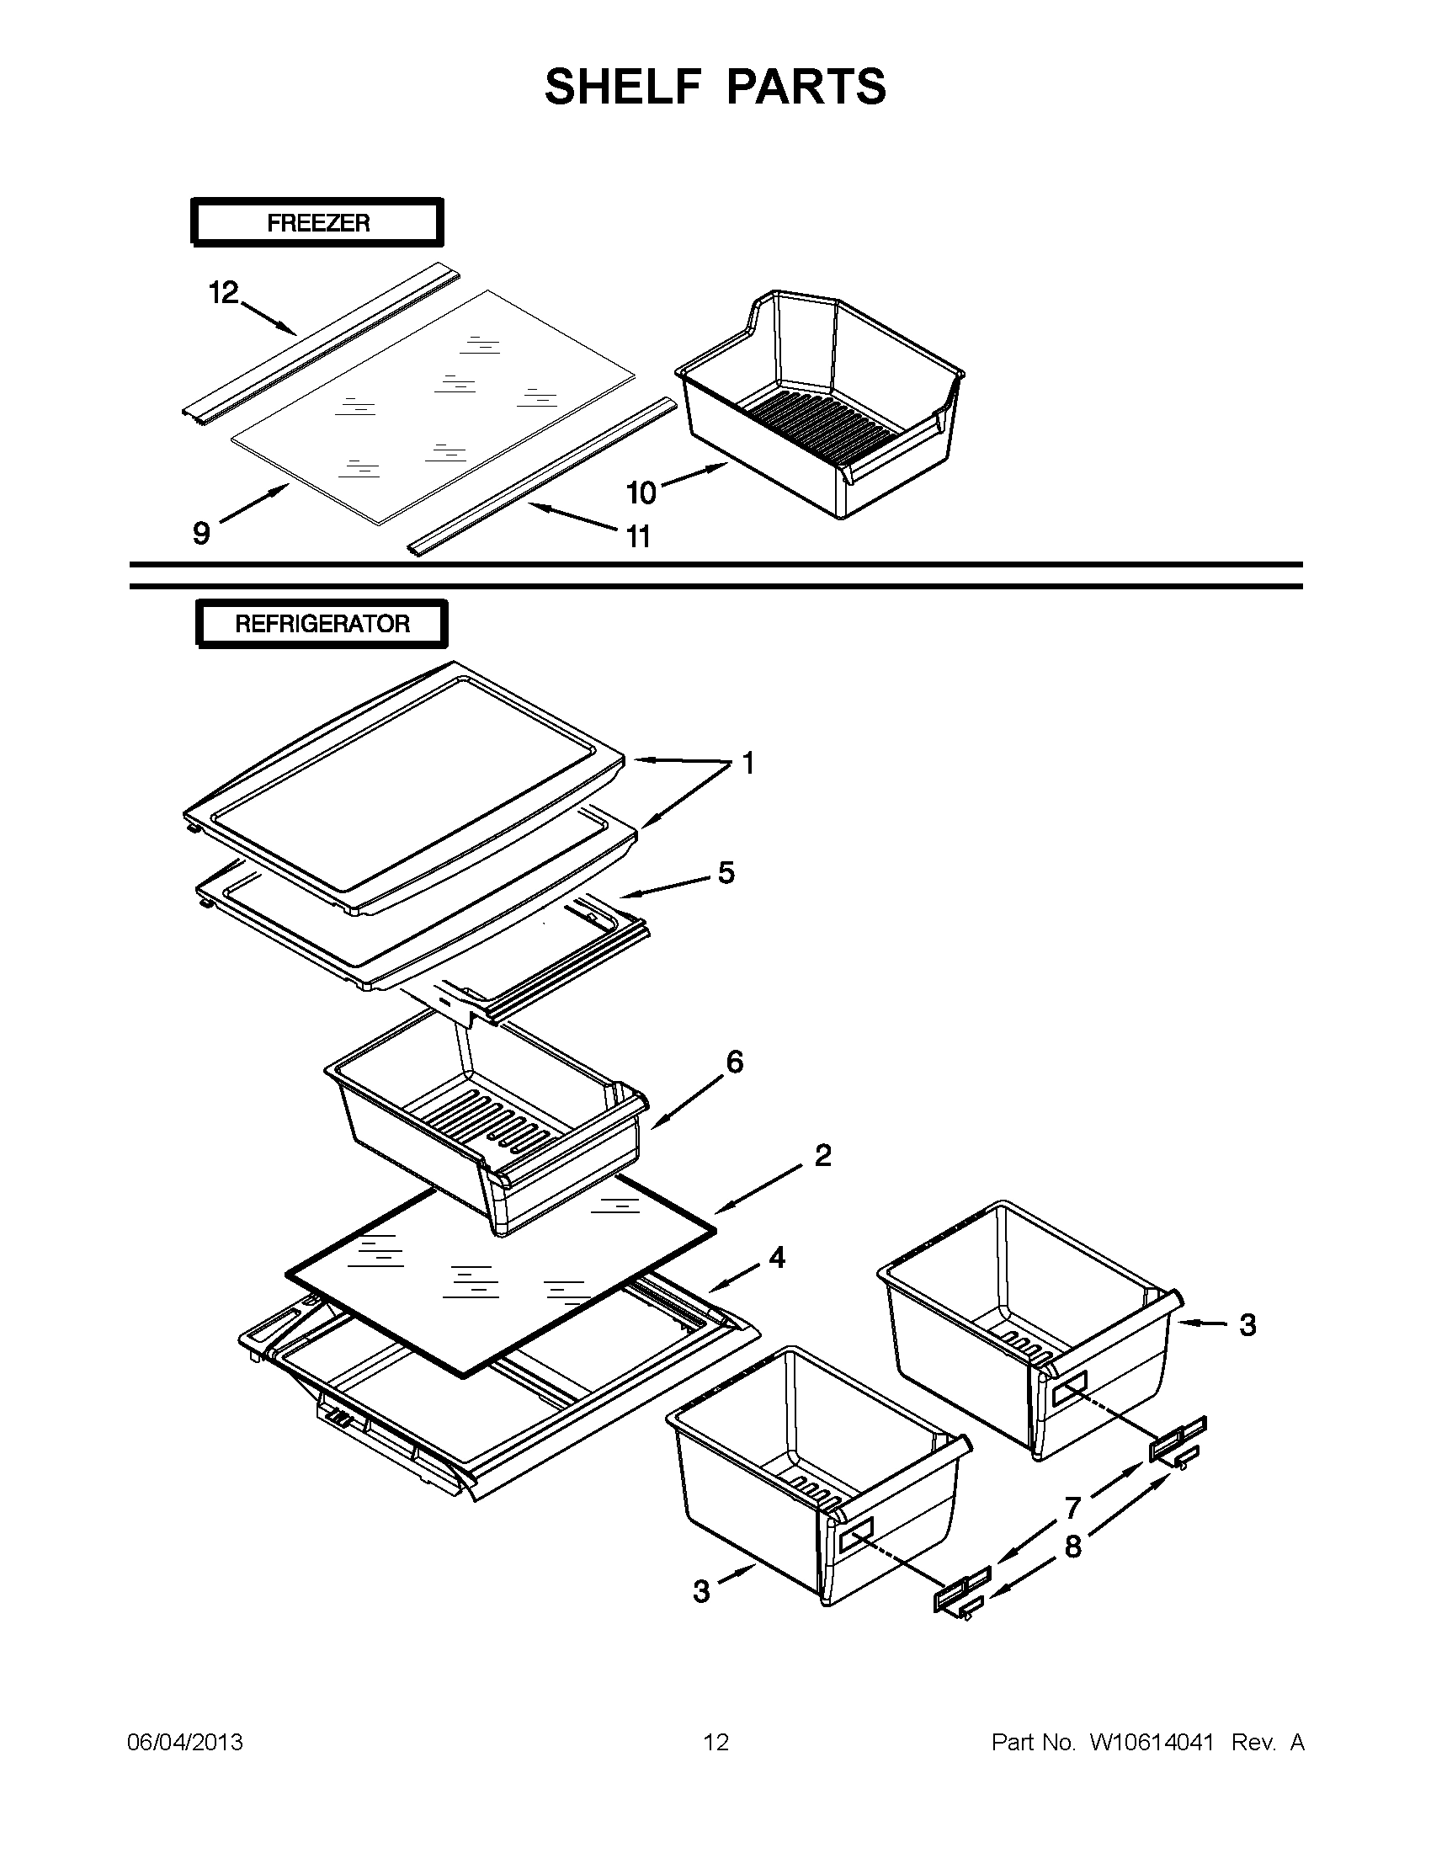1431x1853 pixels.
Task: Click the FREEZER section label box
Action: pyautogui.click(x=317, y=223)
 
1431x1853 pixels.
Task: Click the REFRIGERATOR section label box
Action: pyautogui.click(x=322, y=624)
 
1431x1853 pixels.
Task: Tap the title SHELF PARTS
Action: pyautogui.click(x=715, y=87)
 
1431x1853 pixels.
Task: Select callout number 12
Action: pyautogui.click(x=224, y=293)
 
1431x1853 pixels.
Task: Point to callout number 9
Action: pyautogui.click(x=201, y=533)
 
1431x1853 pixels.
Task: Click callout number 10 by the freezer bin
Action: pyautogui.click(x=641, y=493)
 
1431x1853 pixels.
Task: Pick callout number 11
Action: pyautogui.click(x=638, y=536)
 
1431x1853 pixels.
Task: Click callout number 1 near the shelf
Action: pyautogui.click(x=748, y=764)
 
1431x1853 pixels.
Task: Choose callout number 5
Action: pyautogui.click(x=726, y=872)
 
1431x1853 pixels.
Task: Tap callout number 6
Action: pyautogui.click(x=735, y=1061)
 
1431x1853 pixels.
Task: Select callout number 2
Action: pyautogui.click(x=822, y=1155)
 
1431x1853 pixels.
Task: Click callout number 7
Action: pyautogui.click(x=1073, y=1508)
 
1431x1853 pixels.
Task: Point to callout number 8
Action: pyautogui.click(x=1073, y=1547)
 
